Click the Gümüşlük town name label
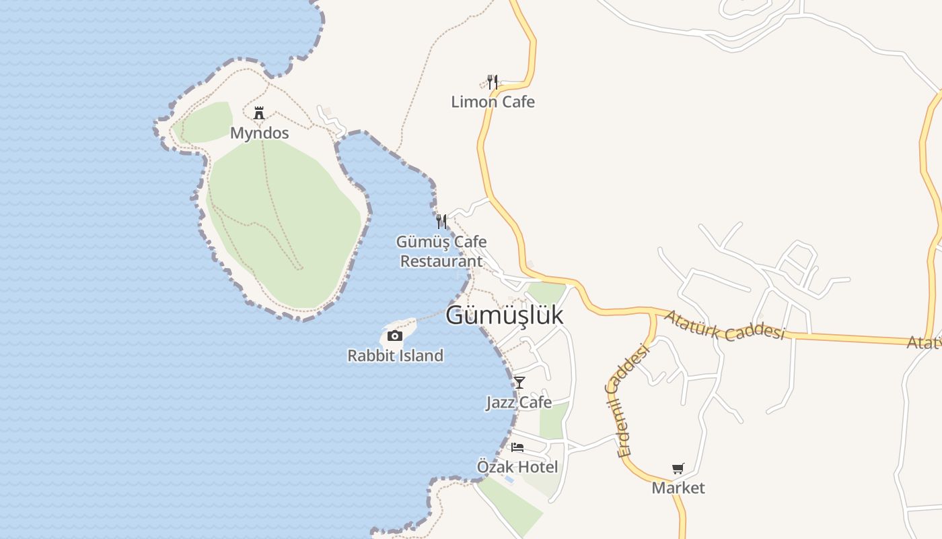point(504,315)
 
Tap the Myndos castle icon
point(259,113)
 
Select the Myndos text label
point(259,133)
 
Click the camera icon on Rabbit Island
point(395,336)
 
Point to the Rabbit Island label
point(395,355)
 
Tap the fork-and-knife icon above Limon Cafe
point(493,82)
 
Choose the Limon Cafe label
point(493,102)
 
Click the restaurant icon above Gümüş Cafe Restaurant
point(441,221)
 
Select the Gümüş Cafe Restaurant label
point(441,251)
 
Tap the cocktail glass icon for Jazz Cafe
point(519,383)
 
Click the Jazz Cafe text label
point(519,402)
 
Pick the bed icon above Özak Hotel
point(517,447)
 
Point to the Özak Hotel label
point(517,466)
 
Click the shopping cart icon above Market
point(678,468)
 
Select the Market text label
point(678,488)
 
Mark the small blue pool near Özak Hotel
point(509,479)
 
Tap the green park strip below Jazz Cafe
point(553,421)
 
